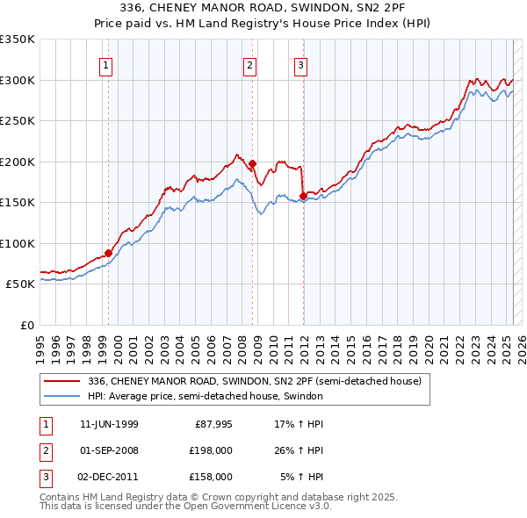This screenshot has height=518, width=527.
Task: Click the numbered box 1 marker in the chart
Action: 106,64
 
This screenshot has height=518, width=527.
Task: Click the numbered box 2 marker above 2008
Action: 249,64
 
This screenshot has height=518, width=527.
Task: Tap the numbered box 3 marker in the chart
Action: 300,64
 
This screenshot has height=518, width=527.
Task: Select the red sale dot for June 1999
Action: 109,253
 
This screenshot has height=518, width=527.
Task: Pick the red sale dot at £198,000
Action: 252,163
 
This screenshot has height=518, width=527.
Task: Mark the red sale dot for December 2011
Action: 303,196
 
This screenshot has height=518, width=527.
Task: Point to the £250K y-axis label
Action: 18,121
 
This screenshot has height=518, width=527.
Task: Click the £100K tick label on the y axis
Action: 18,243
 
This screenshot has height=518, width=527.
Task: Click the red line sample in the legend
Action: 63,381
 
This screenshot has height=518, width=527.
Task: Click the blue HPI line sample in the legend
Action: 63,396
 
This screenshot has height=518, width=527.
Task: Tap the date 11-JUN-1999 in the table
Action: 109,424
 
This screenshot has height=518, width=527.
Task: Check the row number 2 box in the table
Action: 44,450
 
